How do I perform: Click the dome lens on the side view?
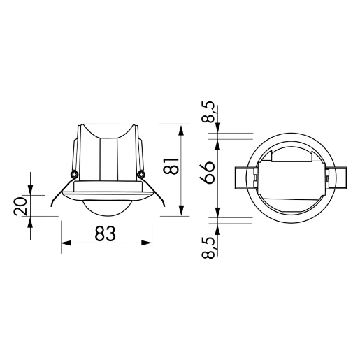(107, 208)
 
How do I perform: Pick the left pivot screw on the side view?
(73, 173)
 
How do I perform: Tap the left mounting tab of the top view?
(241, 178)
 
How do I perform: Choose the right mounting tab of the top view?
(336, 178)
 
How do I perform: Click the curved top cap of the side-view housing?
(107, 130)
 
